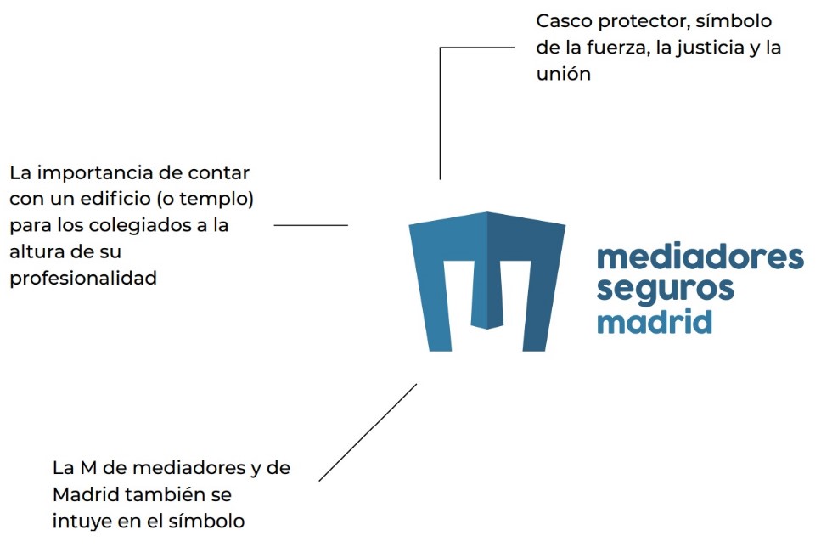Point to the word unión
563,74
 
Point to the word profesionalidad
83,279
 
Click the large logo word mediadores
700,258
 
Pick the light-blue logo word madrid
654,322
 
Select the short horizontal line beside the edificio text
311,225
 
